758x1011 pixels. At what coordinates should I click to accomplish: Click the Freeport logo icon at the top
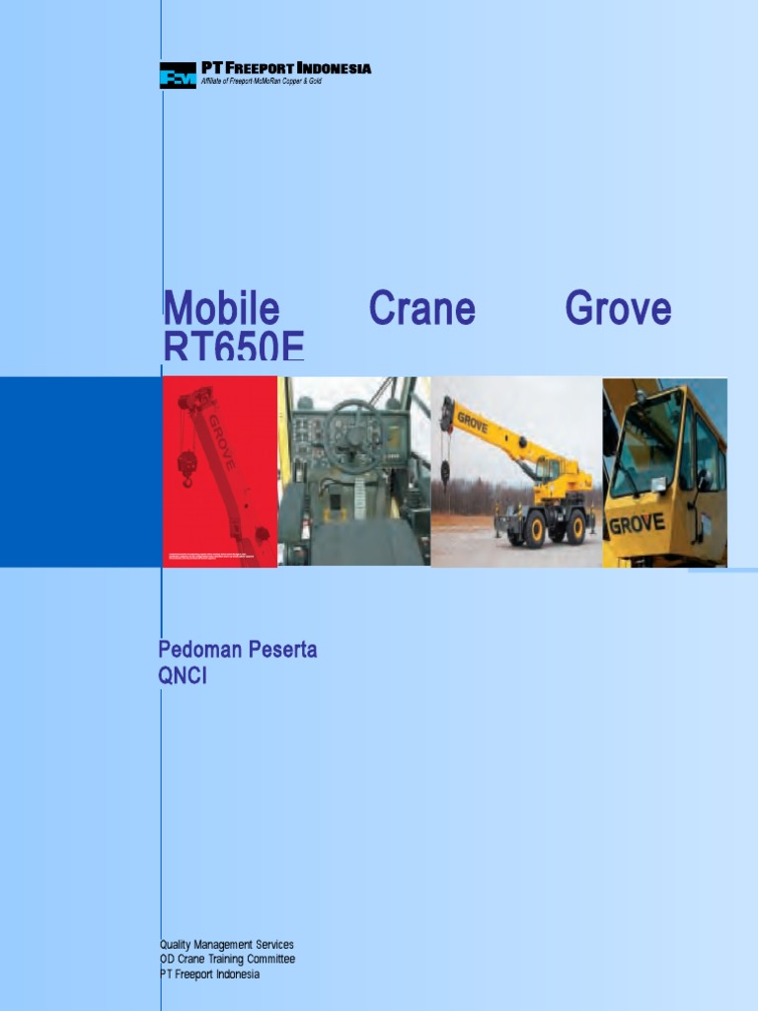coord(178,76)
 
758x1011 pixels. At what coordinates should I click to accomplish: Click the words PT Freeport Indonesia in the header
coord(286,68)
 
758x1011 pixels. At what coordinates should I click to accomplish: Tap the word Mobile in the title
coord(221,309)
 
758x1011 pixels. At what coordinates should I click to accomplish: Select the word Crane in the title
coord(421,309)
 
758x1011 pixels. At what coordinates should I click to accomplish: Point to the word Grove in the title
coord(618,309)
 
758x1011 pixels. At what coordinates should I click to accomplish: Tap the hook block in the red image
coord(187,466)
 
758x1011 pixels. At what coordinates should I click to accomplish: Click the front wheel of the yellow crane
coord(535,528)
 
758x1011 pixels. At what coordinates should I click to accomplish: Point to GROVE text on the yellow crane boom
coord(473,424)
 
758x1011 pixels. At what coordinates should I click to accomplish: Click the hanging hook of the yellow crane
coord(445,472)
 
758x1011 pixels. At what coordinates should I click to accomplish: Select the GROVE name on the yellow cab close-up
coord(637,523)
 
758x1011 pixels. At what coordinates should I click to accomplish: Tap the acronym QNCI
coord(183,676)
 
